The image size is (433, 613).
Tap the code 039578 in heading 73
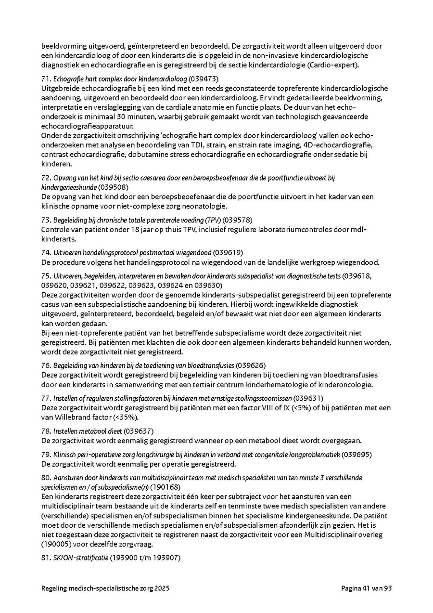click(237, 220)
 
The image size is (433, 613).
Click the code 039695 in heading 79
click(358, 454)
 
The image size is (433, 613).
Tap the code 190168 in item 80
click(165, 487)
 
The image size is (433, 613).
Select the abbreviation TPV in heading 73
click(210, 220)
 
